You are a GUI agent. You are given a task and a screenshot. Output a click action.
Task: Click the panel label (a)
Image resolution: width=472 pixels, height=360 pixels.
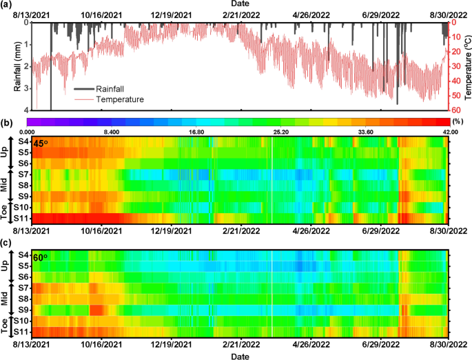(7, 6)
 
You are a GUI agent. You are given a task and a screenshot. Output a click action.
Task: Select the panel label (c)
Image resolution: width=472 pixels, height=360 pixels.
(7, 242)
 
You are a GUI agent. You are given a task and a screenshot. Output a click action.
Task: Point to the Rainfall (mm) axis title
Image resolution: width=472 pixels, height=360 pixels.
(18, 66)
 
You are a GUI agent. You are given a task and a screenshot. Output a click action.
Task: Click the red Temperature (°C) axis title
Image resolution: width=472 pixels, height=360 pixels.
(466, 66)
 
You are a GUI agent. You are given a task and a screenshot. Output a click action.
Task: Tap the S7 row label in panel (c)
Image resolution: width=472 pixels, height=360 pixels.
(23, 287)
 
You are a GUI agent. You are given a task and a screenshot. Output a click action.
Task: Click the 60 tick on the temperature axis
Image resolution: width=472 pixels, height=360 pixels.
(455, 110)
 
